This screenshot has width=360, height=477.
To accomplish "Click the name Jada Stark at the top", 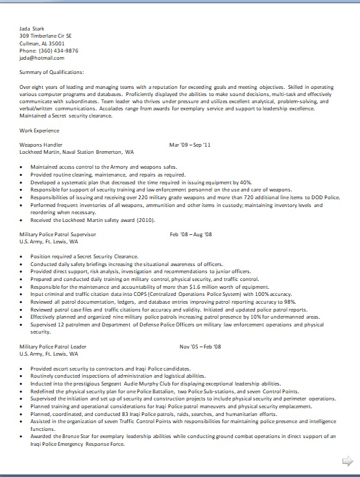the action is [x=32, y=29].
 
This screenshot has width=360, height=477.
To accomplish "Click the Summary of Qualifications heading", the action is [x=52, y=72].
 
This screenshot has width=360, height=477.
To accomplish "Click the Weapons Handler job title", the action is [x=41, y=145].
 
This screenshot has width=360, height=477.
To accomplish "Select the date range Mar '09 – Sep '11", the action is [x=190, y=145].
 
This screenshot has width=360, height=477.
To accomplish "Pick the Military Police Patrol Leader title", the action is [x=53, y=347].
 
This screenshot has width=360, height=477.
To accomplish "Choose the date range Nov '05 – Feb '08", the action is [x=200, y=347].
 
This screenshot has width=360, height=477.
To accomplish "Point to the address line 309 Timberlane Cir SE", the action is [x=45, y=36].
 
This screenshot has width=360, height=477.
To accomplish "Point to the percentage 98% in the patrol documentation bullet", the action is [x=290, y=302].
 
